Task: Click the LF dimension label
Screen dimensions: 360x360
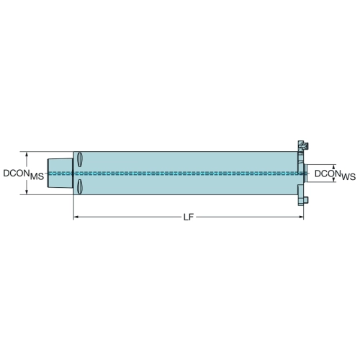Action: click(x=189, y=217)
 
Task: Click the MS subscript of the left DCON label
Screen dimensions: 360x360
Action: click(x=37, y=177)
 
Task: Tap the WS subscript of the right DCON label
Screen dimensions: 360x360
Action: click(x=348, y=177)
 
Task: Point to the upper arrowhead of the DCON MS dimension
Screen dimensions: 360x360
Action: click(x=27, y=155)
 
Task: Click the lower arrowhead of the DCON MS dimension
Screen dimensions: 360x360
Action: click(x=27, y=192)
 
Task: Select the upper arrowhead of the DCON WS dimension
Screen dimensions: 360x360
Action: click(x=333, y=167)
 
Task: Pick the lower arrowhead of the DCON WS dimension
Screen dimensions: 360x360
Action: click(x=333, y=179)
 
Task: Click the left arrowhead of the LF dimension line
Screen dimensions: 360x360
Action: click(x=76, y=217)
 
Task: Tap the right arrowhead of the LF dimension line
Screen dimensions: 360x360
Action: click(x=300, y=217)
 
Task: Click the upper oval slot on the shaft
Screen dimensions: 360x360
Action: click(x=80, y=159)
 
